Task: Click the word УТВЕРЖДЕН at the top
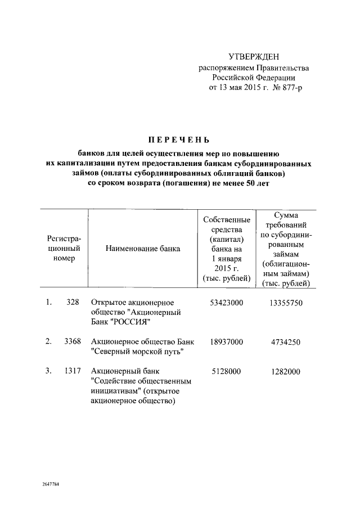coord(254,57)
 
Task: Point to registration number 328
coord(72,303)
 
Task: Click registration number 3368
coord(70,341)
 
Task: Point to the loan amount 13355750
coord(286,303)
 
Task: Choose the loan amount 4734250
coord(286,341)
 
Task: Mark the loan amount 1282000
coord(286,371)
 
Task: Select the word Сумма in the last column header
coord(286,214)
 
